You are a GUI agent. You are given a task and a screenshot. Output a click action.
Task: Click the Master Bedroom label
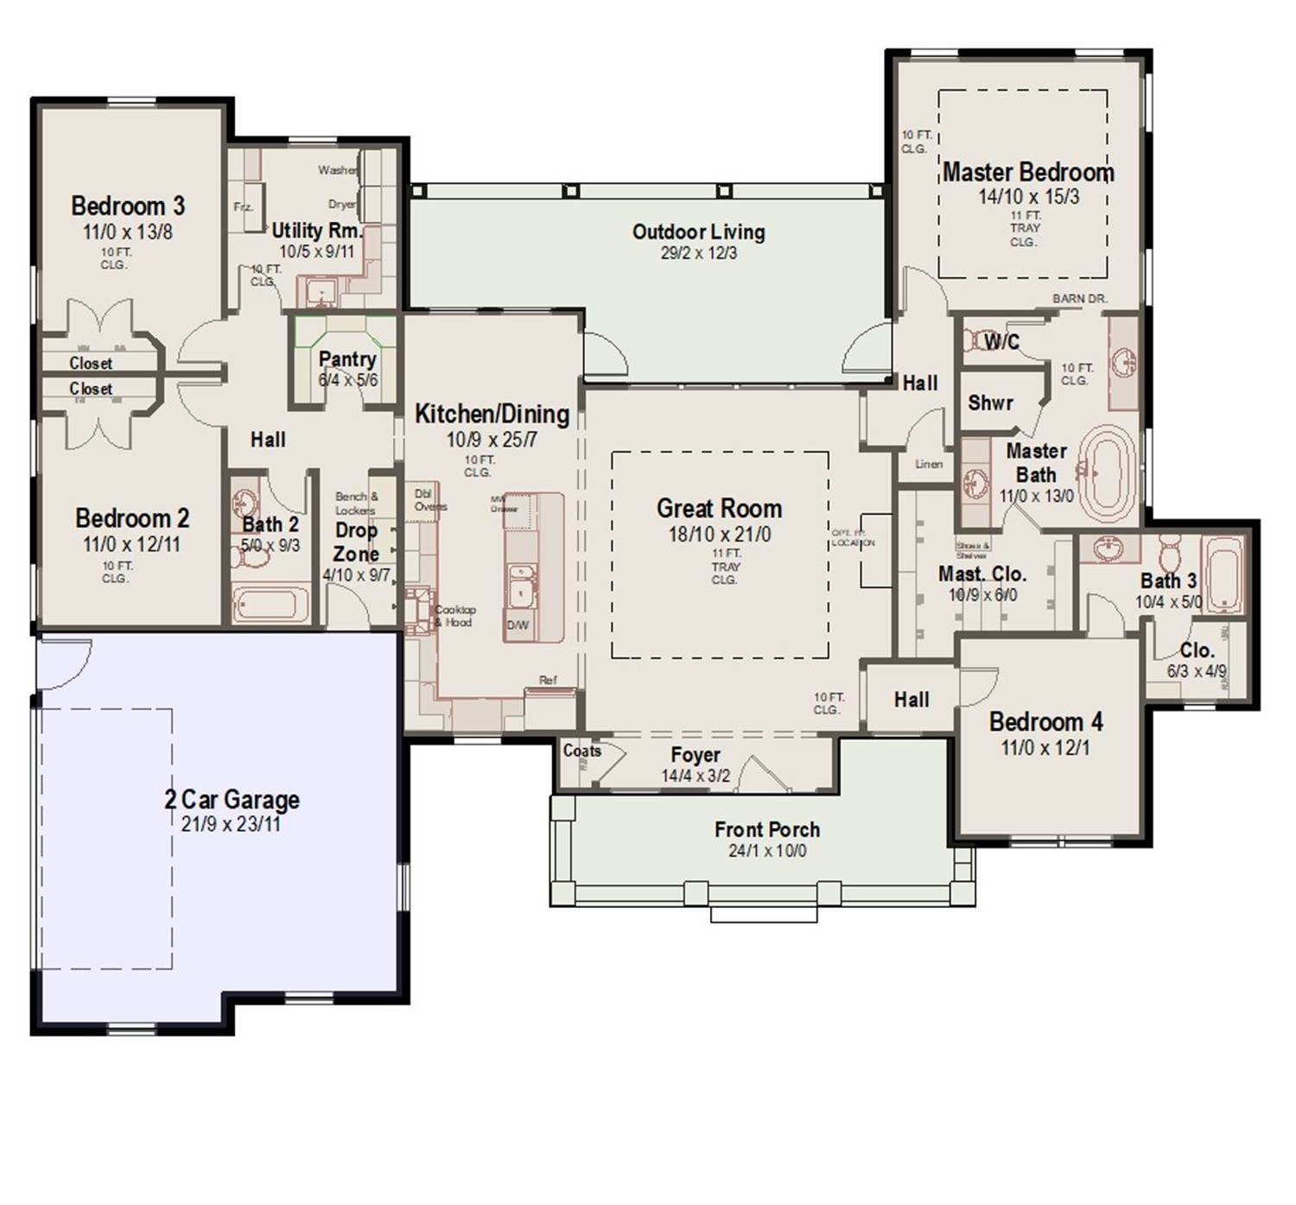coord(1027,173)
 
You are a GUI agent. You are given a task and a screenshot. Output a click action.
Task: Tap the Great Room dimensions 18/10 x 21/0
coord(719,535)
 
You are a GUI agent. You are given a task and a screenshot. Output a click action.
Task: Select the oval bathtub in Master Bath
coord(1109,471)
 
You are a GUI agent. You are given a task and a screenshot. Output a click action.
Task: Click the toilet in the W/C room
coord(976,339)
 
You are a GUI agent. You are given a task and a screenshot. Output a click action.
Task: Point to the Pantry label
coord(347,359)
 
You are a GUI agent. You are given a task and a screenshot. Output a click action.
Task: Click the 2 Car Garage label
coord(232,800)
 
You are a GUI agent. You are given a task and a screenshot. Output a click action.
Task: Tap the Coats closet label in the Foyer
coord(581,751)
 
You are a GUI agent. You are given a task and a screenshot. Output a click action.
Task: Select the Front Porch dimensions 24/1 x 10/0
coord(766,851)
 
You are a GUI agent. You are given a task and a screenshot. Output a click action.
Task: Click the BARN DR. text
coord(1079,299)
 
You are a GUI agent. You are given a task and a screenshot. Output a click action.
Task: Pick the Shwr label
coord(990,403)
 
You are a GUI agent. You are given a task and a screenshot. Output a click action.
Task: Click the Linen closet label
coord(929,464)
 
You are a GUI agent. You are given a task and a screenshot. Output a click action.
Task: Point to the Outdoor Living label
coord(698,231)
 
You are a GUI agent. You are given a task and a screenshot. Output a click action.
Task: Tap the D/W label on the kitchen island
coord(518,625)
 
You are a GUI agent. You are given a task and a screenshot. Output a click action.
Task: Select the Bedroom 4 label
coord(1045,721)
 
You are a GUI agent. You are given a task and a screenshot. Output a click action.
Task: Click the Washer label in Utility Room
coord(337,170)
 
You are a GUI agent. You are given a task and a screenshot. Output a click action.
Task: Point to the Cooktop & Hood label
coord(454,616)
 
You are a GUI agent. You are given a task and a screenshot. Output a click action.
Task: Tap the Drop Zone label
coord(356,542)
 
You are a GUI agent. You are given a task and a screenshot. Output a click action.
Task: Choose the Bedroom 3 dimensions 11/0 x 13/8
coord(128,231)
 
